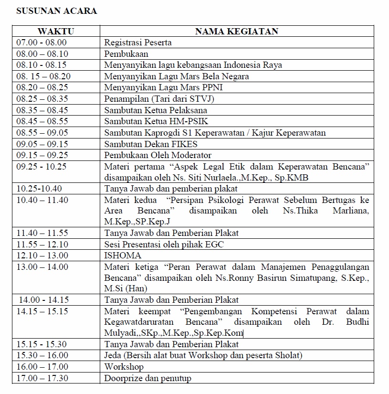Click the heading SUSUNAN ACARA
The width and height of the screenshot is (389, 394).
click(x=56, y=11)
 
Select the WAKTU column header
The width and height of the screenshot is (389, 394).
click(x=56, y=32)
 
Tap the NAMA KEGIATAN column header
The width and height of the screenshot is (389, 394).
click(x=237, y=32)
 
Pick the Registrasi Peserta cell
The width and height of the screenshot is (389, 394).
click(x=138, y=43)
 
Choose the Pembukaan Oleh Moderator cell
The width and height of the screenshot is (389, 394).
click(x=158, y=155)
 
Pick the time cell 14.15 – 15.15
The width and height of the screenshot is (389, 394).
click(x=42, y=311)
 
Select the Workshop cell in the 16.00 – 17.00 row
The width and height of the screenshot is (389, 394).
click(x=124, y=367)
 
